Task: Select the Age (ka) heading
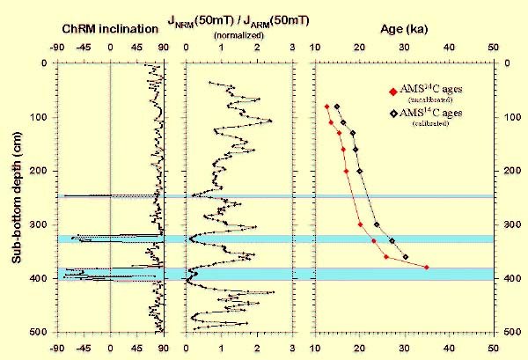pos(405,29)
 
